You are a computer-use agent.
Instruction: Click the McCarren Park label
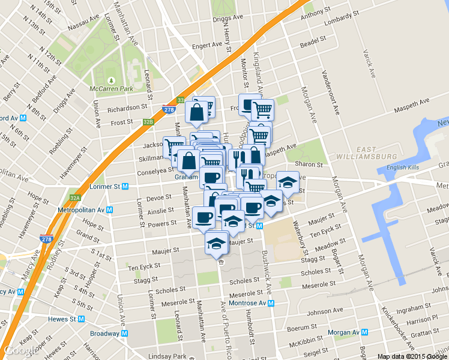[110, 89]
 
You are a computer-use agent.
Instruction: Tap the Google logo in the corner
[20, 350]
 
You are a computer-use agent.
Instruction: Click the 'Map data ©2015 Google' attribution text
[412, 356]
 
